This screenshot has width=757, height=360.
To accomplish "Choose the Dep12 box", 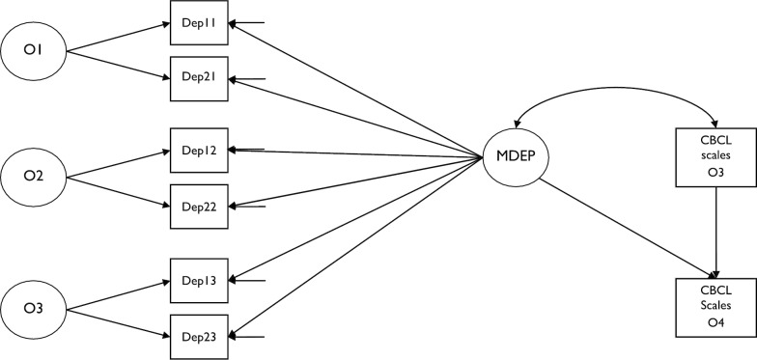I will pos(198,150).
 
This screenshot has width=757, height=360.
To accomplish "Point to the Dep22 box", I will pos(198,206).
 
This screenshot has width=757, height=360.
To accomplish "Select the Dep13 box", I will pos(198,280).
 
